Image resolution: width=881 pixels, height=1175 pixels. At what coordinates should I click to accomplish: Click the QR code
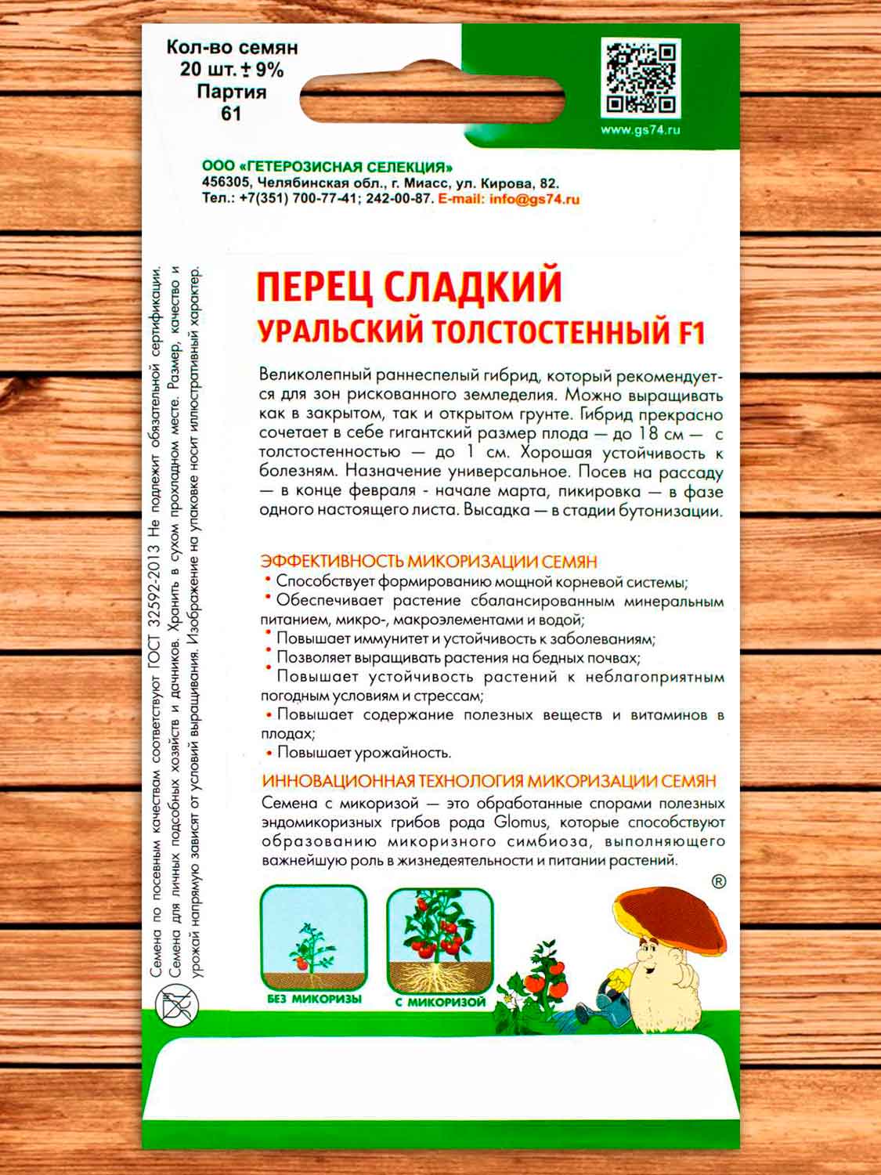click(x=641, y=78)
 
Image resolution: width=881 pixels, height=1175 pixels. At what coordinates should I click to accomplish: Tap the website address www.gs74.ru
click(x=641, y=130)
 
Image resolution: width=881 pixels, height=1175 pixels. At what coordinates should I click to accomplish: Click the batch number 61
click(x=231, y=114)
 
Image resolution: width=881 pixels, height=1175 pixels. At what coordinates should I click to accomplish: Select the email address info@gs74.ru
click(x=534, y=199)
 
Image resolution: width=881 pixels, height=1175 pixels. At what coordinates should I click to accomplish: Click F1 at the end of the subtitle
click(x=689, y=333)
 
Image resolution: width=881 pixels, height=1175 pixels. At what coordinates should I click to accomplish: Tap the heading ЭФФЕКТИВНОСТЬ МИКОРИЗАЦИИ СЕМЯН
click(x=429, y=561)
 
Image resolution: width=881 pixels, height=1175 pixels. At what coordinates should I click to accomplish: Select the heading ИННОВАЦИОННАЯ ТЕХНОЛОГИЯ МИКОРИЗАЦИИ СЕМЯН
click(x=489, y=781)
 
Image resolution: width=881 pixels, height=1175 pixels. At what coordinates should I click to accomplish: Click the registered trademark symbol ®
click(x=718, y=882)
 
